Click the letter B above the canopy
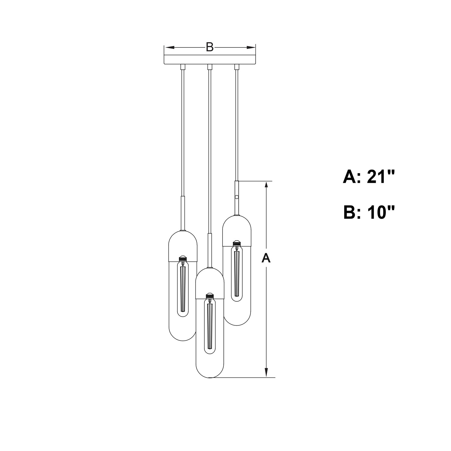pyautogui.click(x=210, y=47)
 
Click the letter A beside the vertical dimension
pyautogui.click(x=266, y=258)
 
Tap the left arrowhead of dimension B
pyautogui.click(x=169, y=48)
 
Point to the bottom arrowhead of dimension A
pyautogui.click(x=266, y=372)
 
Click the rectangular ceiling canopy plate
pyautogui.click(x=210, y=60)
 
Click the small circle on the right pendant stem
pyautogui.click(x=237, y=197)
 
